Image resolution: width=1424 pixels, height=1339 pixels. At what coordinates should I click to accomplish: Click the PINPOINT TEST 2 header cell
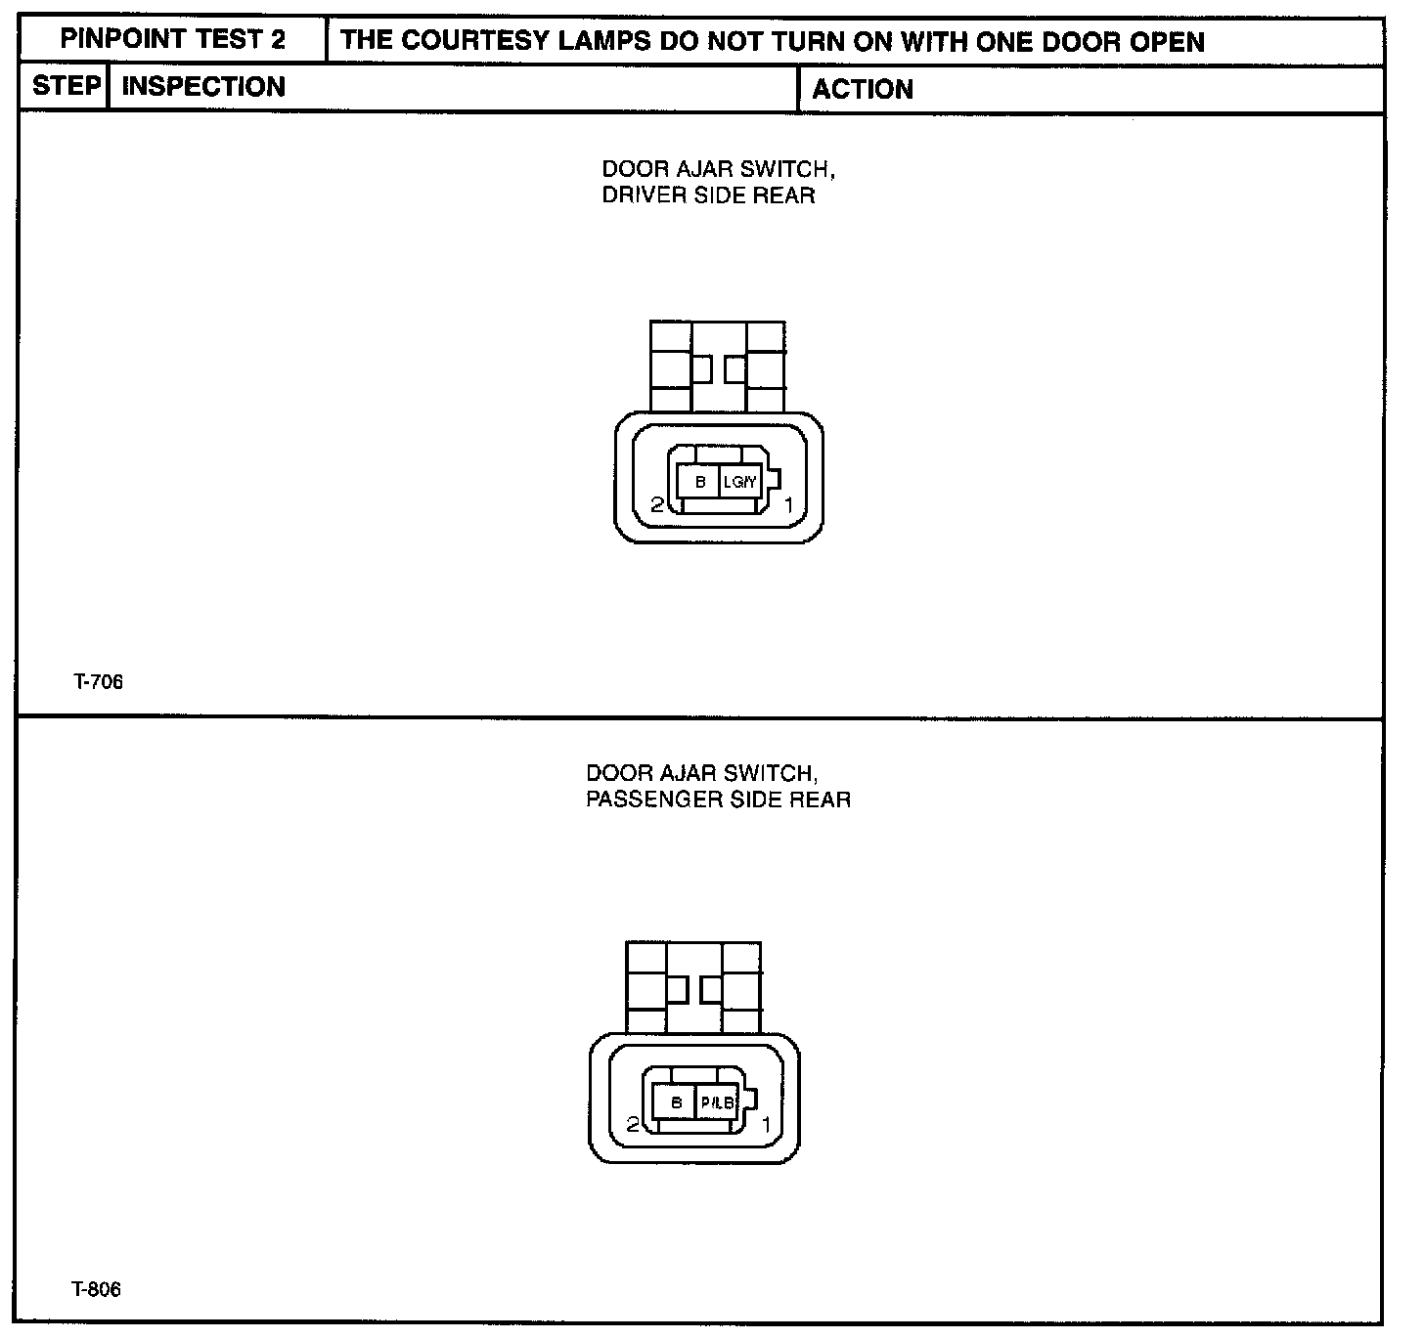click(x=173, y=40)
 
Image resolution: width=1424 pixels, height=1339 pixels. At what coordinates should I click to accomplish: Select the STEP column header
click(x=66, y=86)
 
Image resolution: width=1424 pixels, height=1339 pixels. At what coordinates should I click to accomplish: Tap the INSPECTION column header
click(x=203, y=87)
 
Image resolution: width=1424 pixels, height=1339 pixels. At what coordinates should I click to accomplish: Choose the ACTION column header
click(x=862, y=90)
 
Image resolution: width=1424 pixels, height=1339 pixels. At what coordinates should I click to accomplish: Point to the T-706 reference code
click(x=98, y=682)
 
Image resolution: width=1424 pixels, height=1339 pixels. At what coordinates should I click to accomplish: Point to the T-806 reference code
click(x=96, y=1290)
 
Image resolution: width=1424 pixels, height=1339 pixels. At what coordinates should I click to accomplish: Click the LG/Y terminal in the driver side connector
click(x=740, y=482)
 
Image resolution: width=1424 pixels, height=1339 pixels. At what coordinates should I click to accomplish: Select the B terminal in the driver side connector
click(x=700, y=482)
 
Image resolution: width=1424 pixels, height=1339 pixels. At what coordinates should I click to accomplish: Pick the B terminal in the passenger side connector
click(x=676, y=1103)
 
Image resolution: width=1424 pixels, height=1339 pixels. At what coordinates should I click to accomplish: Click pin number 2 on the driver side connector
click(x=657, y=504)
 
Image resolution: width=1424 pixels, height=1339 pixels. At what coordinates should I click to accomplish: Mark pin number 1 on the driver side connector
click(x=788, y=504)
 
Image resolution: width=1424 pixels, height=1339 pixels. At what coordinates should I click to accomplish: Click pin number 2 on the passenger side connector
click(x=633, y=1125)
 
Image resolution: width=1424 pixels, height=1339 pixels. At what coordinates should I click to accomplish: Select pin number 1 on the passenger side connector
click(x=766, y=1125)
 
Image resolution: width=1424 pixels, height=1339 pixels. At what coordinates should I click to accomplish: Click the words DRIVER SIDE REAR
click(x=708, y=195)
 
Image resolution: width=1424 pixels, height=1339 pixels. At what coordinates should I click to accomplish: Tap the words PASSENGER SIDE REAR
click(x=718, y=799)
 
